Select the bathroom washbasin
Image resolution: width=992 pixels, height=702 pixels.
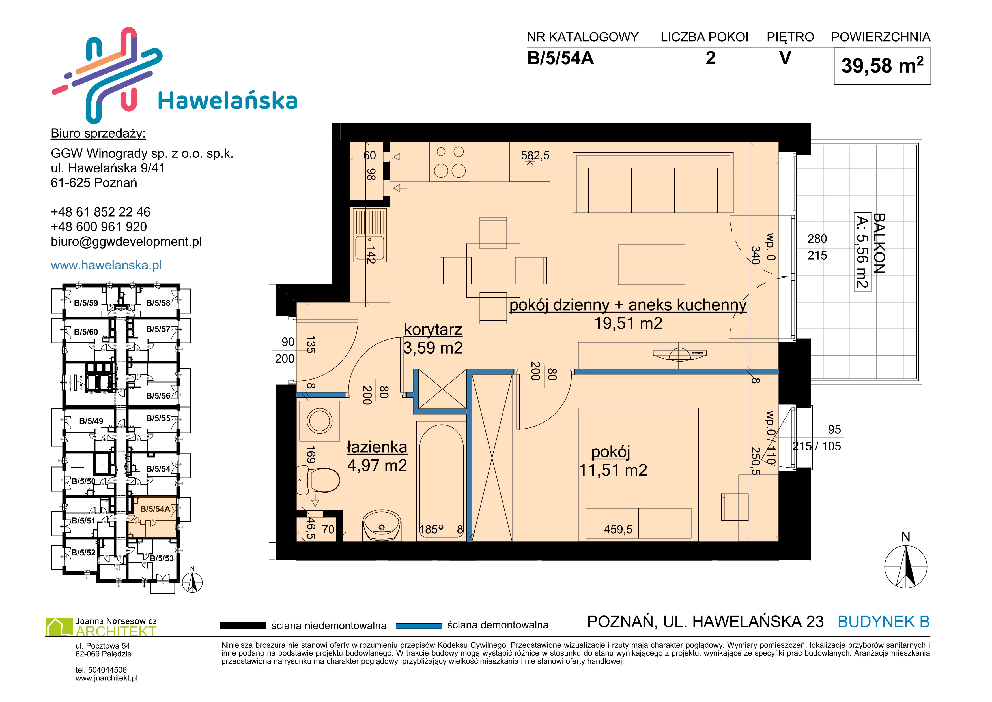click(x=382, y=525)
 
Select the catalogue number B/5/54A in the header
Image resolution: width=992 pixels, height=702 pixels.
click(x=560, y=58)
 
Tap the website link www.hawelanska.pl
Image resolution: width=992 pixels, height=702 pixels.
click(x=106, y=265)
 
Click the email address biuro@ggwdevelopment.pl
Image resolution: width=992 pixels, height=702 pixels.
click(x=126, y=242)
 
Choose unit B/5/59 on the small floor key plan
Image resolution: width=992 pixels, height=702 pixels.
click(x=86, y=303)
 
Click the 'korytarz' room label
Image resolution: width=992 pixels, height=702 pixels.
click(x=433, y=329)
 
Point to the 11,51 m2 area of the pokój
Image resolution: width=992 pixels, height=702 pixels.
click(x=613, y=470)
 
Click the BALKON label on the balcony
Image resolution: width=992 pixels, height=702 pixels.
click(x=879, y=243)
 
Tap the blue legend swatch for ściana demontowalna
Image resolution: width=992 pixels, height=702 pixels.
click(x=419, y=626)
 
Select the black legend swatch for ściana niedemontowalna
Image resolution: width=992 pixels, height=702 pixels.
click(x=243, y=626)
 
